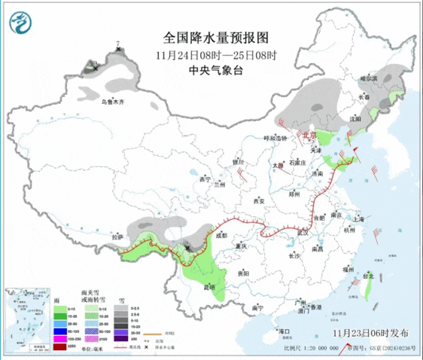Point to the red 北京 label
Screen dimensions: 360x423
[x=310, y=135]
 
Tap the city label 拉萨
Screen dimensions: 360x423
[x=117, y=237]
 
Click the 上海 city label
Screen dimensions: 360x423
[x=357, y=218]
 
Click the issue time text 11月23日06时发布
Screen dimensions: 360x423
[x=373, y=332]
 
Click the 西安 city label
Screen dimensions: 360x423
[x=260, y=201]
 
